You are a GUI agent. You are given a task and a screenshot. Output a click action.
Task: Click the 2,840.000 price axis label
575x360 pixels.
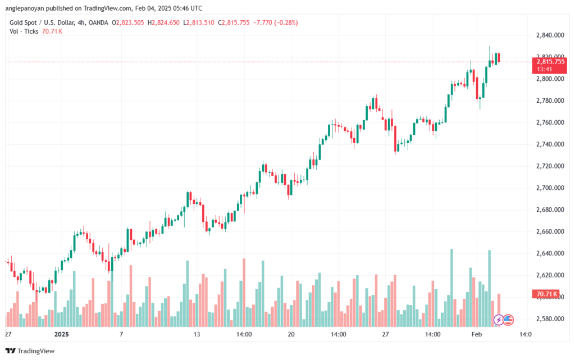550,35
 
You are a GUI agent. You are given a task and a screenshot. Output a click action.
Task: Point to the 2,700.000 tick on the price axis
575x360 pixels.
550,188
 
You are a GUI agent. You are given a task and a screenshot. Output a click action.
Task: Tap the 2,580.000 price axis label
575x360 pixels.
550,319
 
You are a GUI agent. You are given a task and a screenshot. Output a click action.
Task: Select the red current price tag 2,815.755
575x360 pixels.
549,65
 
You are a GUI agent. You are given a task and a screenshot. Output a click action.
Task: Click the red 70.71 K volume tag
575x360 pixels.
546,294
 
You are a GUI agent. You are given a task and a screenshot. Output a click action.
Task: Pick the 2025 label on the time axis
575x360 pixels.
61,334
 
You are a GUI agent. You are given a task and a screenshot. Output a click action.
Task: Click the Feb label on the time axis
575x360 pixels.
476,334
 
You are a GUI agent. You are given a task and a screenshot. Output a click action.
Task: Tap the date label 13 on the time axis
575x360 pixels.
197,334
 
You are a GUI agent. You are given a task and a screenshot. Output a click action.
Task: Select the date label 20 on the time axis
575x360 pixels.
291,334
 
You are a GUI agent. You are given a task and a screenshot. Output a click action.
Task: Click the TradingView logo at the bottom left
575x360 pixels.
30,351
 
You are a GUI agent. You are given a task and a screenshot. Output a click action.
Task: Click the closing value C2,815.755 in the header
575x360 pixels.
234,22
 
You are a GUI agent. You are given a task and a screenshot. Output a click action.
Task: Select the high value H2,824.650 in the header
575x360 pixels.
163,22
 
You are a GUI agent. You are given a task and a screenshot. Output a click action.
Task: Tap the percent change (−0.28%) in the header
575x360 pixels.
286,22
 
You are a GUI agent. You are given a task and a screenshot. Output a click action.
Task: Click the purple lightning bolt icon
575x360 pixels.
499,320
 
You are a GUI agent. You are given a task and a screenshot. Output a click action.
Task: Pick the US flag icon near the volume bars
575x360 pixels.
508,320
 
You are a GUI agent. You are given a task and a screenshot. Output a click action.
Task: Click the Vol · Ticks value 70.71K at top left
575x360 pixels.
52,31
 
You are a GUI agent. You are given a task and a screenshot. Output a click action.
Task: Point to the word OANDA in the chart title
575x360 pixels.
98,22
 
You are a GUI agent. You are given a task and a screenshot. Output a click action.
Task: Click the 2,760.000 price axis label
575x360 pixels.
550,122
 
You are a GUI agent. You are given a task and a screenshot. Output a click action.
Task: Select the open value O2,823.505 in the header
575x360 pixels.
128,22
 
